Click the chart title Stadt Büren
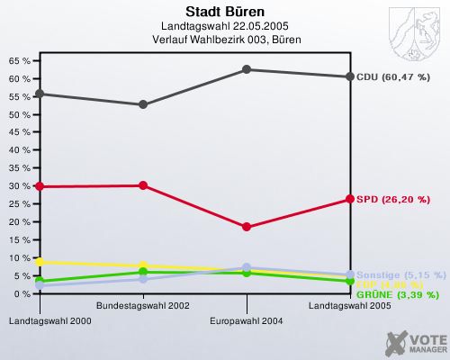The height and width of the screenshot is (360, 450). coord(225,12)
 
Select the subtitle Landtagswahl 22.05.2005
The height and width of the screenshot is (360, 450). coord(225,26)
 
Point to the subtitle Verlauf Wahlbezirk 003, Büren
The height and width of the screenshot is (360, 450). coord(225,40)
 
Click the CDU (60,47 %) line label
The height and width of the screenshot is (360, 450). coord(393,77)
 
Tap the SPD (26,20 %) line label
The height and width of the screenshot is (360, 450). coord(393,199)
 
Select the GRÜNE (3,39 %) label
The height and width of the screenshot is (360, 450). coord(397,294)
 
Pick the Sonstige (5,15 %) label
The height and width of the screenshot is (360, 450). coord(401,274)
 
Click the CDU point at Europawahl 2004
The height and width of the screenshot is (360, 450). coord(247,69)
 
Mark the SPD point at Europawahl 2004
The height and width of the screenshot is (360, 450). coord(247,227)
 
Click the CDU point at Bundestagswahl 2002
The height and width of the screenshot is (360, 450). coord(143,104)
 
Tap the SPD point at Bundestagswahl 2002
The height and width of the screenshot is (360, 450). coord(143,185)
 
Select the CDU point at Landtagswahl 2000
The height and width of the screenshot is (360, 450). coord(40,94)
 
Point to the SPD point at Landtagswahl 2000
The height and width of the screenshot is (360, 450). coord(40,186)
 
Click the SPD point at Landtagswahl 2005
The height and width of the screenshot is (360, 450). coord(350,199)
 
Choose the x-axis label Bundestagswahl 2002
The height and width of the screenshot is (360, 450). coord(143,307)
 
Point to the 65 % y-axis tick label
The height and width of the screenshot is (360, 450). coord(19,61)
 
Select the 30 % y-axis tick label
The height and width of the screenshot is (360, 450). coord(19,186)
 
